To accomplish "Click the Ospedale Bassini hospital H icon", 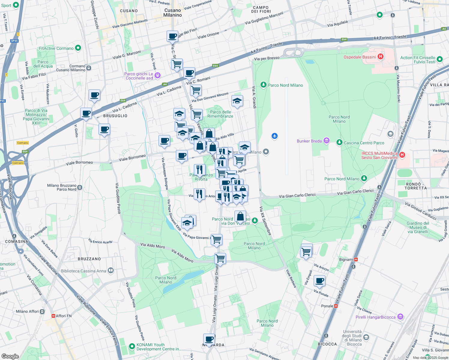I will pyautogui.click(x=380, y=57).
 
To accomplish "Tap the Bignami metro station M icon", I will pyautogui.click(x=356, y=259).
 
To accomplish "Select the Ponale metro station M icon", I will pyautogui.click(x=336, y=306).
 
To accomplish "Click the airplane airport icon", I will pyautogui.click(x=274, y=136).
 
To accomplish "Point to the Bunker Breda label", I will pyautogui.click(x=309, y=141).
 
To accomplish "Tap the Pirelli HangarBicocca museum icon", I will pyautogui.click(x=400, y=317).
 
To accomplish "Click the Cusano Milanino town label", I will pyautogui.click(x=173, y=13).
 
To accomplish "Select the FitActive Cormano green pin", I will pyautogui.click(x=78, y=48).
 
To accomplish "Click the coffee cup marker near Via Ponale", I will pyautogui.click(x=320, y=281).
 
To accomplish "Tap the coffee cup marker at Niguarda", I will pyautogui.click(x=209, y=340).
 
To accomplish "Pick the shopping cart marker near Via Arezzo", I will pyautogui.click(x=306, y=252).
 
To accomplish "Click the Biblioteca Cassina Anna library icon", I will pyautogui.click(x=111, y=271).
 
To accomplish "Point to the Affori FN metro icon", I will pyautogui.click(x=53, y=316).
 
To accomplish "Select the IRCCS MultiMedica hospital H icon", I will pyautogui.click(x=402, y=155).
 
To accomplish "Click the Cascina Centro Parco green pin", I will pyautogui.click(x=339, y=142).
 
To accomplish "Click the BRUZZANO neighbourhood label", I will pyautogui.click(x=89, y=259).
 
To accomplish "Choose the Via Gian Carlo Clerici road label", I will pyautogui.click(x=297, y=196).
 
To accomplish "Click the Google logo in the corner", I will pyautogui.click(x=10, y=356).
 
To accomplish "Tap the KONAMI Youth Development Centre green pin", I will pyautogui.click(x=132, y=346).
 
